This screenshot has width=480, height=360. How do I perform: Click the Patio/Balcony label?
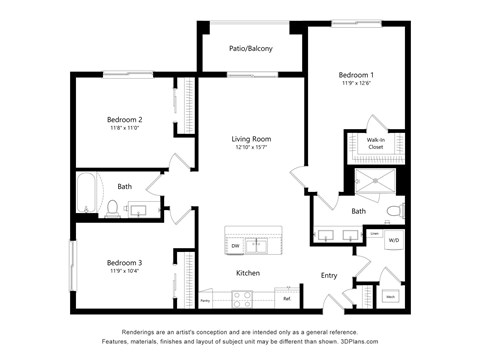pos(251,47)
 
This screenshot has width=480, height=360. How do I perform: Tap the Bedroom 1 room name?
pos(355,75)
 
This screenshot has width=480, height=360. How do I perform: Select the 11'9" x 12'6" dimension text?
pos(355,84)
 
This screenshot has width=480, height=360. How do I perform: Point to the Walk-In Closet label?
pos(375,143)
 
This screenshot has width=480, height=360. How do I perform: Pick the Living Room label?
pos(251,139)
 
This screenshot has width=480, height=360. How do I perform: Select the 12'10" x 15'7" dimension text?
pos(251,148)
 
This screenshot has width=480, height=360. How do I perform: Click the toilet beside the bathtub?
pos(113,209)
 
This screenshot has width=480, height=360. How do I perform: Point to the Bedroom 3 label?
pos(125,263)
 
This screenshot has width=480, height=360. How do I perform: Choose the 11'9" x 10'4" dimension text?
pos(125,272)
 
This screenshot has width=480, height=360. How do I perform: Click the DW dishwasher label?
pos(236,245)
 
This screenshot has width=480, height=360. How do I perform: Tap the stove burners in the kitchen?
pos(243,296)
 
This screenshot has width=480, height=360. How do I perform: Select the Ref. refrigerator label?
pos(286,298)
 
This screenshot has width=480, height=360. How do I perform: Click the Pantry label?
pos(205,299)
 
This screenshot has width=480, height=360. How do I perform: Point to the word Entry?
pos(329,275)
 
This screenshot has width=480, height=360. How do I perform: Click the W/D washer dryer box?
pos(393,241)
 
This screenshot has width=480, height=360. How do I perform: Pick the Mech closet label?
pos(390,297)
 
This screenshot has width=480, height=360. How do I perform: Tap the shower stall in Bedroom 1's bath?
pos(378,185)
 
